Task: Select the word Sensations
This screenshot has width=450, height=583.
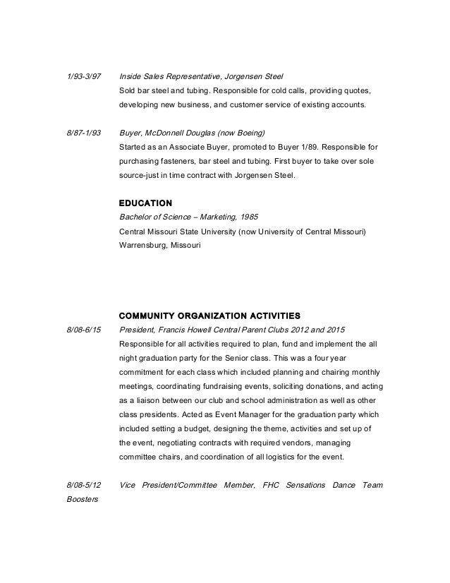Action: click(306, 486)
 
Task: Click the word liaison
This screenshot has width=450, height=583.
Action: click(145, 400)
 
